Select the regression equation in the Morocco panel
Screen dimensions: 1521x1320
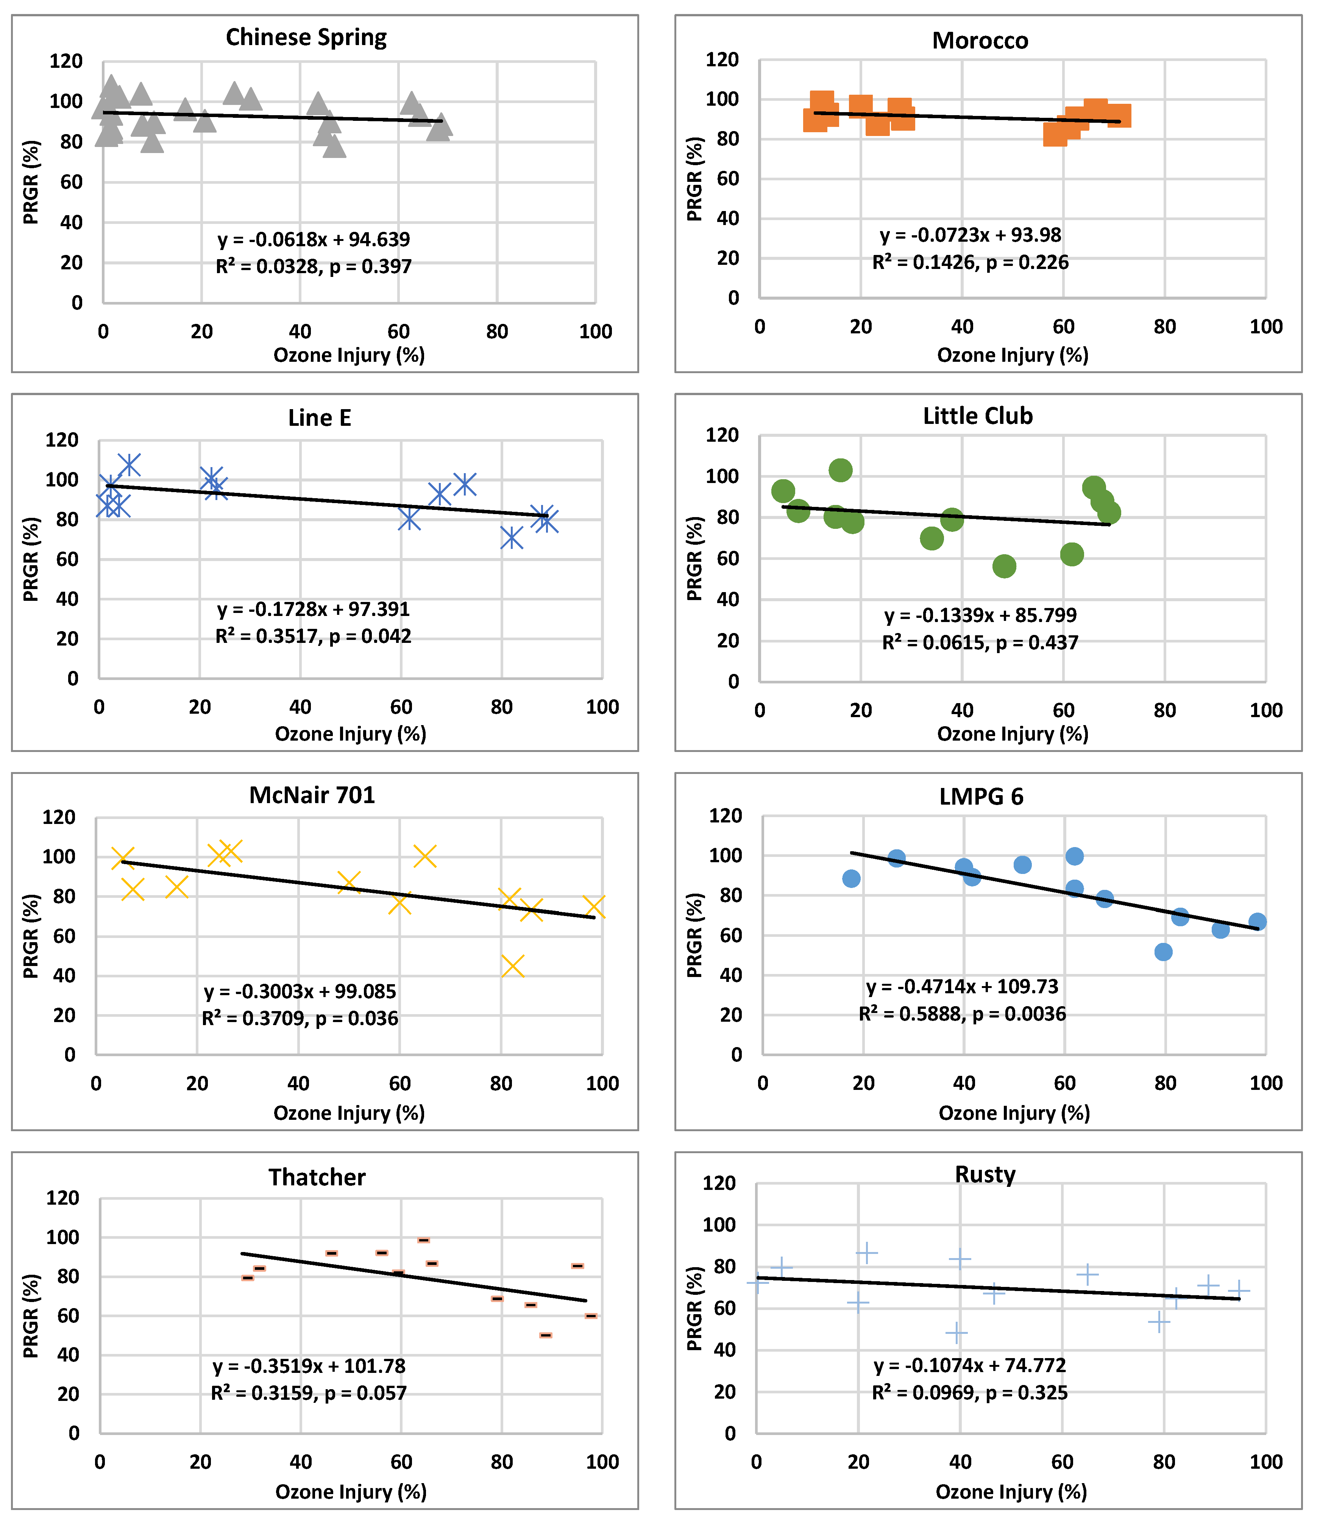[970, 235]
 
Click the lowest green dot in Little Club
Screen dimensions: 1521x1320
[1004, 566]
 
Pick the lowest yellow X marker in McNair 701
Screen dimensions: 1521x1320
[513, 965]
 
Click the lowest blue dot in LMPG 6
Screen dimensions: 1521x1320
[1163, 951]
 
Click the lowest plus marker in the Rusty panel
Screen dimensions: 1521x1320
[956, 1332]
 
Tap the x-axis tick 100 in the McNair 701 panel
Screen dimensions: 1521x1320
[602, 1083]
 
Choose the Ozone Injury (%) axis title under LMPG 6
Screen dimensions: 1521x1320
[1014, 1113]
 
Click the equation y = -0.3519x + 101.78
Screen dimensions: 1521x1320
[309, 1366]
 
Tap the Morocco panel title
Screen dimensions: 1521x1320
[980, 41]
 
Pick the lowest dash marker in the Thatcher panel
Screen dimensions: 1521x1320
[545, 1335]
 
